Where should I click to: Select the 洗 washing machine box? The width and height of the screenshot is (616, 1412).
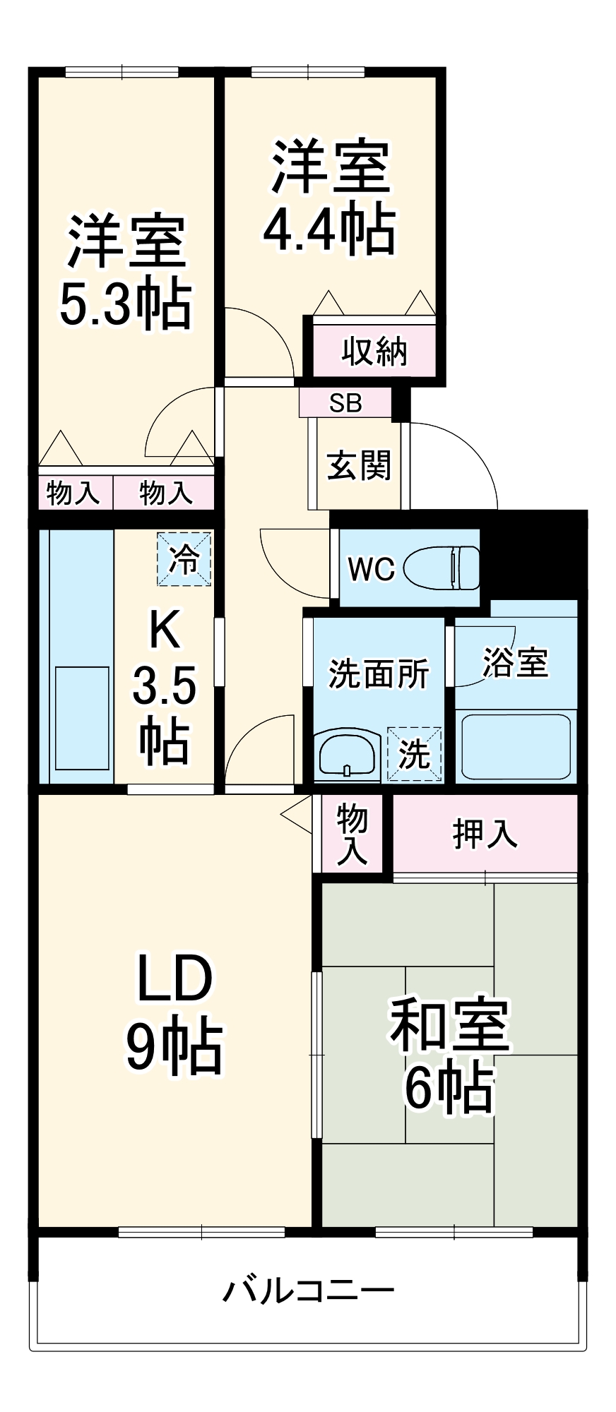tap(414, 754)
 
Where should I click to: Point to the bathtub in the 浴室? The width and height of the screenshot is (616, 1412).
tap(516, 746)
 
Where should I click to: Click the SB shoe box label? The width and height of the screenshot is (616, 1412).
tap(345, 403)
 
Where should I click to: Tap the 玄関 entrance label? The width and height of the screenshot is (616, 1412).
tap(359, 466)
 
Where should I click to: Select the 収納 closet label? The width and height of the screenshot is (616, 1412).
tap(374, 351)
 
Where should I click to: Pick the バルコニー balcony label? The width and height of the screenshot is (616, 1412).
tap(308, 1291)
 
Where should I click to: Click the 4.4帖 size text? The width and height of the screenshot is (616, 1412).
tap(329, 229)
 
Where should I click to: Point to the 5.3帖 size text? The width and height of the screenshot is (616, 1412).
tap(126, 305)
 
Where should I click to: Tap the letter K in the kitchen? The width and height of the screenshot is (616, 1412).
tap(165, 630)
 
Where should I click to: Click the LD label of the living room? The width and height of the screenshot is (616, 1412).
tap(174, 979)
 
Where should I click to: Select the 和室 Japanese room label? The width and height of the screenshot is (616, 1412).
tap(449, 1024)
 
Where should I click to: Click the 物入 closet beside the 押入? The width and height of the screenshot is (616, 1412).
tap(352, 834)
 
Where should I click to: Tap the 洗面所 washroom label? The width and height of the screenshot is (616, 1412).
tap(379, 674)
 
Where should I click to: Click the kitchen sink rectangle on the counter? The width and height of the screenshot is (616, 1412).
tap(82, 717)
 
